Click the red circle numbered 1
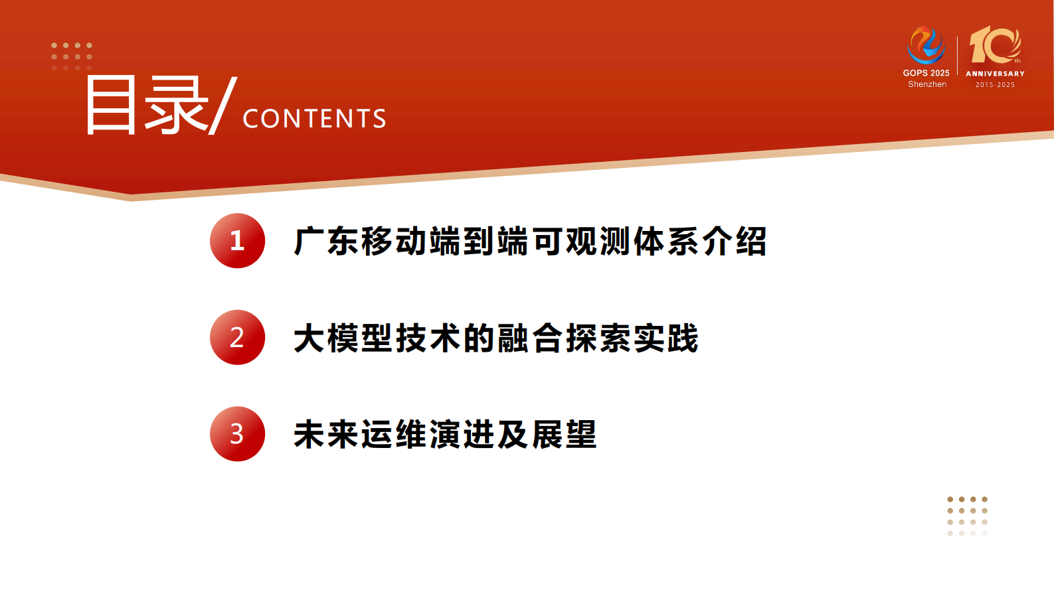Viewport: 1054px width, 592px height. (x=237, y=241)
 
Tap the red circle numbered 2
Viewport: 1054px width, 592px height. (x=237, y=337)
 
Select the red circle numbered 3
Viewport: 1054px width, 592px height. (x=237, y=434)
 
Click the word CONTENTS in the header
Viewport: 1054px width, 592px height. (x=314, y=119)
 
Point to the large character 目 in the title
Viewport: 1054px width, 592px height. (x=111, y=106)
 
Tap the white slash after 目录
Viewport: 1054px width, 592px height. (x=222, y=106)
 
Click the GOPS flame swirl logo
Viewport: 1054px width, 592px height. (x=926, y=45)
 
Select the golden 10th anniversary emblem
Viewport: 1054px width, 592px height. (x=995, y=45)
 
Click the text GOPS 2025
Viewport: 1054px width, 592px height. (x=926, y=73)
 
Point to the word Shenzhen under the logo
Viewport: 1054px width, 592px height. (x=927, y=84)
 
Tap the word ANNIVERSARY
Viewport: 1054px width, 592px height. (x=995, y=74)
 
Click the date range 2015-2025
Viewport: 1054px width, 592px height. (x=995, y=85)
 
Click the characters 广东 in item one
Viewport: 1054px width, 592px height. (x=327, y=241)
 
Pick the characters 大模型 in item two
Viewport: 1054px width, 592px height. (x=343, y=338)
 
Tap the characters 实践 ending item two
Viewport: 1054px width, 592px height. (x=666, y=338)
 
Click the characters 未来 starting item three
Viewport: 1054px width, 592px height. (x=327, y=435)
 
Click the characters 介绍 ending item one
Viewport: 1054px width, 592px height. (x=735, y=241)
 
